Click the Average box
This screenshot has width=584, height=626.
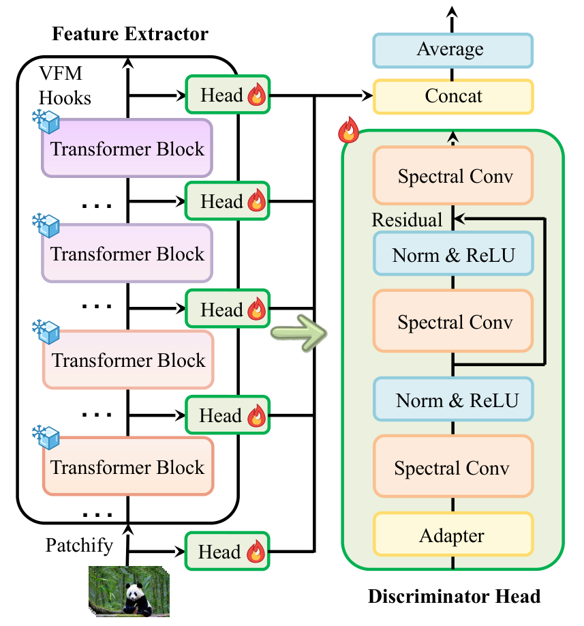452,50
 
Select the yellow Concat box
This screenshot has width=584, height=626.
453,97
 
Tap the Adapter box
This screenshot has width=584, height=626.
453,534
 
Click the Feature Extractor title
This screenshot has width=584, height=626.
130,34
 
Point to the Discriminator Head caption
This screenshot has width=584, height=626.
454,596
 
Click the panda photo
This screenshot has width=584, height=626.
129,591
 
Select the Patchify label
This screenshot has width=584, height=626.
79,546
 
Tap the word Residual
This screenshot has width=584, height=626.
407,220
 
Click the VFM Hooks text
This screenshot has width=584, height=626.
65,85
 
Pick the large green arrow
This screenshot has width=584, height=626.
299,333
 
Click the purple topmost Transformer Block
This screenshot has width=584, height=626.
127,148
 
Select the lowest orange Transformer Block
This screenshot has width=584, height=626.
128,466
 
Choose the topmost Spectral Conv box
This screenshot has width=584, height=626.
453,176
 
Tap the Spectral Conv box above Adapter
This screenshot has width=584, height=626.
453,467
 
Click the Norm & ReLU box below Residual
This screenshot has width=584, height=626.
453,254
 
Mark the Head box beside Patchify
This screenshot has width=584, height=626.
228,552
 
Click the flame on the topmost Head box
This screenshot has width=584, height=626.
256,95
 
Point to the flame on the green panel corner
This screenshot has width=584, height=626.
348,130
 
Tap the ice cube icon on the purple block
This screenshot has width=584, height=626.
46,121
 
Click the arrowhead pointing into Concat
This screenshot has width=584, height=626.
367,96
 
